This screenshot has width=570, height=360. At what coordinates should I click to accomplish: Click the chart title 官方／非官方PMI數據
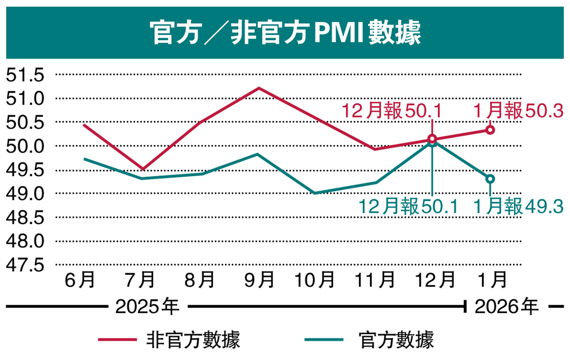point(285,33)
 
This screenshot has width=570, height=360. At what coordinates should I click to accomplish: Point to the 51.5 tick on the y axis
point(25,75)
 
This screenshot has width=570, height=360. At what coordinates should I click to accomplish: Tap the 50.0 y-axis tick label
point(25,146)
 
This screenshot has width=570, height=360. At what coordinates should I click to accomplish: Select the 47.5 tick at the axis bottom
point(25,265)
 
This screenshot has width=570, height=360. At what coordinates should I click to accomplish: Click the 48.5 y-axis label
point(25,217)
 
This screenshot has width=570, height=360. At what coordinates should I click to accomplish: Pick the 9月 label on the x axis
point(259,281)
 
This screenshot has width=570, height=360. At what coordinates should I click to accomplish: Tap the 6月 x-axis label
point(80,281)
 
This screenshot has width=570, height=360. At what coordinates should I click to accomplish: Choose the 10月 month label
point(315,281)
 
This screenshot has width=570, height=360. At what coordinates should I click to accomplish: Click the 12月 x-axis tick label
point(435,281)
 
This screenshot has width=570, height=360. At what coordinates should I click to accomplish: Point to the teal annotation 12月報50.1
point(408,207)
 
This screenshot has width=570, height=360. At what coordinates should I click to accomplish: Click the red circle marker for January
point(491,130)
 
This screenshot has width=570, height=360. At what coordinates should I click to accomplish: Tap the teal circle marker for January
point(491,179)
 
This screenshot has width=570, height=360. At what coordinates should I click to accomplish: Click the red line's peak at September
point(259,88)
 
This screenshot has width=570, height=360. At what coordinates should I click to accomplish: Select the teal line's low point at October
point(315,193)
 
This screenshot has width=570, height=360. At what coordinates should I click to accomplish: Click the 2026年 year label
point(507,306)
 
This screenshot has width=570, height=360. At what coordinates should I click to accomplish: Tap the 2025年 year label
point(147,306)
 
